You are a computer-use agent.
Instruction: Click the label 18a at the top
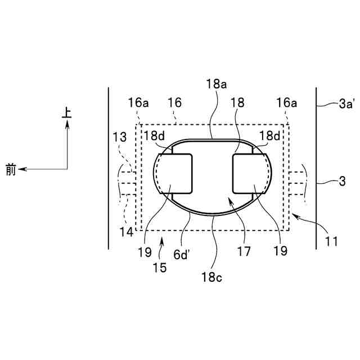click(x=216, y=84)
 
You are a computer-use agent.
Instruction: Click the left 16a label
click(x=138, y=103)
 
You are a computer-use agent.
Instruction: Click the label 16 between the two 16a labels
click(x=175, y=103)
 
